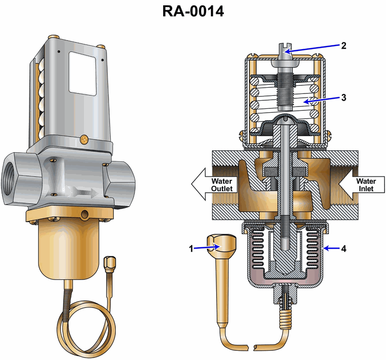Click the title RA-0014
click(193, 11)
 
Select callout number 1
click(191, 249)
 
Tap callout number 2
click(344, 46)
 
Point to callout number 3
click(344, 97)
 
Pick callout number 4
click(344, 249)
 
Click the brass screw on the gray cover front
click(86, 140)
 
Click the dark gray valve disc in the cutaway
click(274, 172)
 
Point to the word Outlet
click(221, 188)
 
